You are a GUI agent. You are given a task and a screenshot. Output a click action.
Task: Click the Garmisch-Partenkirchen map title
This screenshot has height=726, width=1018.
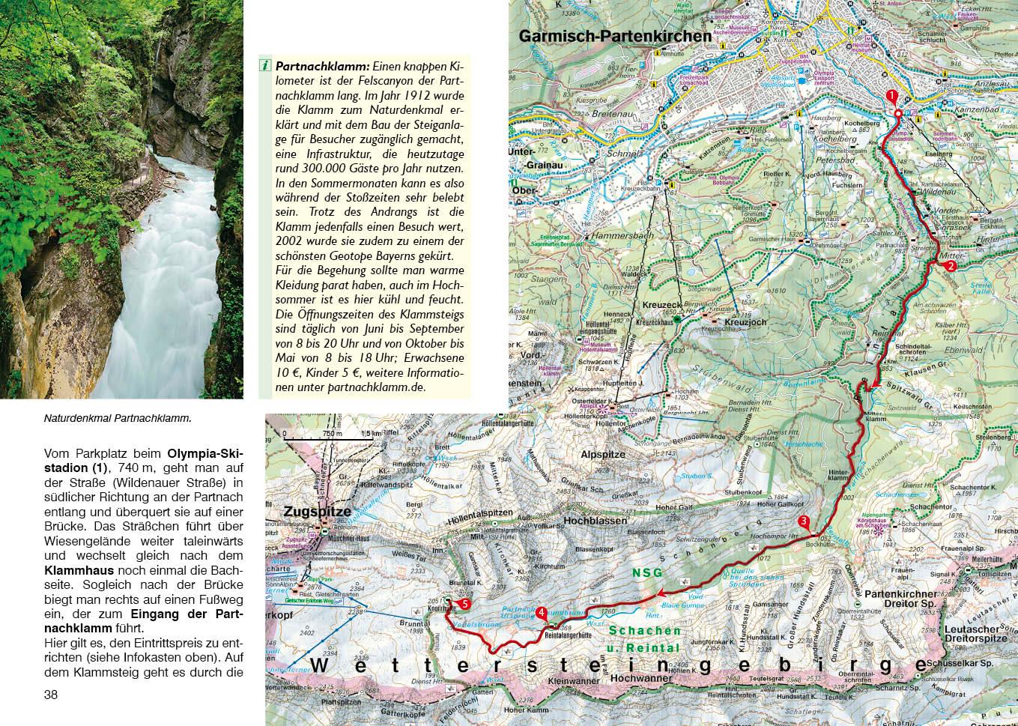pos(615,35)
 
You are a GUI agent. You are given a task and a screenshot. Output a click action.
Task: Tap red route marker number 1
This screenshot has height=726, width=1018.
pos(891,95)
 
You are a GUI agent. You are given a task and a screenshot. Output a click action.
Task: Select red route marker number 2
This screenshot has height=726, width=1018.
pos(951,265)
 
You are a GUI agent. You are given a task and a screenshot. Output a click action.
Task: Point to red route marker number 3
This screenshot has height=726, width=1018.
pos(804,521)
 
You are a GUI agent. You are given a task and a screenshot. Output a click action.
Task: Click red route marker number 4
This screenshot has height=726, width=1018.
pos(541,612)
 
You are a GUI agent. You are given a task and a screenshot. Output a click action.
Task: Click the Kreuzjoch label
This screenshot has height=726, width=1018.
pos(740,322)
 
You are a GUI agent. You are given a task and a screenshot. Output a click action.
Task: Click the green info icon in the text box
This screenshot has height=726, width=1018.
pos(265,65)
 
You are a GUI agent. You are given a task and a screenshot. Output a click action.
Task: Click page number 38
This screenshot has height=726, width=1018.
pos(51,695)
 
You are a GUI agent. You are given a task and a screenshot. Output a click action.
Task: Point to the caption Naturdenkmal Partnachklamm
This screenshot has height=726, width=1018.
pos(118,419)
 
